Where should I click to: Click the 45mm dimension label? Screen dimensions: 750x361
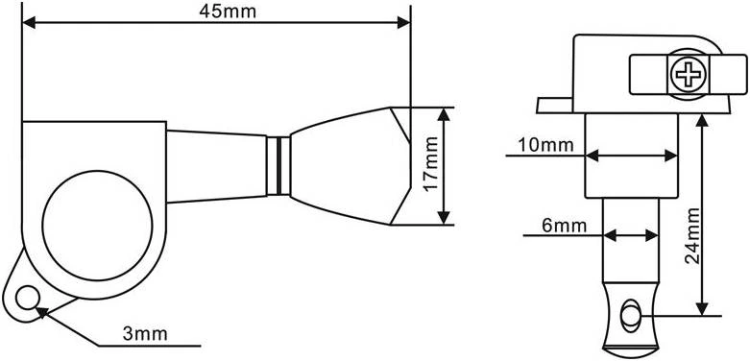point(228,12)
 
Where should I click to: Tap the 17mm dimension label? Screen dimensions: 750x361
point(431,164)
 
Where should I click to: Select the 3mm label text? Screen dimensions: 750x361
point(145,334)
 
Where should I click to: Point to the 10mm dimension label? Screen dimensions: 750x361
point(545,145)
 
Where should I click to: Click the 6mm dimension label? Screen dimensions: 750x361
point(565,226)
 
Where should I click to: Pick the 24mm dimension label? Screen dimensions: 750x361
point(692,236)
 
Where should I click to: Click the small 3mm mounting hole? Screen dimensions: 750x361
point(26,298)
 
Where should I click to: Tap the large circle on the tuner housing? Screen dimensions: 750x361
point(97,226)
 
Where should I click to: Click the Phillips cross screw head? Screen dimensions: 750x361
point(689,75)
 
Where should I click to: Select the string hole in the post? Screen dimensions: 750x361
point(629,316)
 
